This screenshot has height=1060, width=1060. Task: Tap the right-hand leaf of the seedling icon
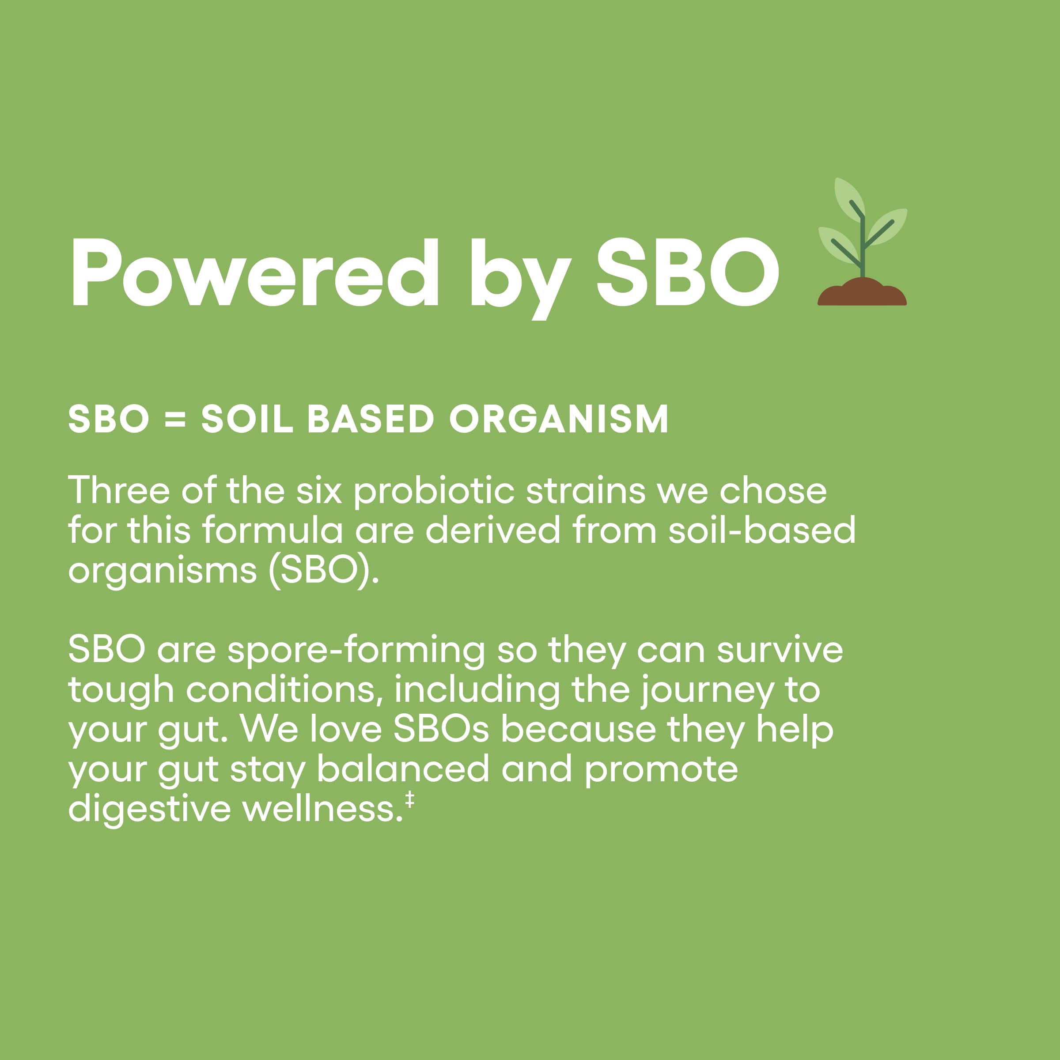(888, 226)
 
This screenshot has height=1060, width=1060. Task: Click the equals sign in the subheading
(176, 420)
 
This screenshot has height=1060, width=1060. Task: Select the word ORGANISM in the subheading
(559, 419)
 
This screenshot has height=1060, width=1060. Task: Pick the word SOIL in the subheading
(247, 419)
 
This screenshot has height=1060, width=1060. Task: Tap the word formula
(273, 530)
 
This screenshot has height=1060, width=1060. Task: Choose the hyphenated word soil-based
(762, 530)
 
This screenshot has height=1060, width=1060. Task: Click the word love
(346, 730)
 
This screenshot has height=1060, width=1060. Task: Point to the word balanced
(403, 770)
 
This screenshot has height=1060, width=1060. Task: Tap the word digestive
(149, 811)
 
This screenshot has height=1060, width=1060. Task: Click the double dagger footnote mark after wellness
(409, 800)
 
